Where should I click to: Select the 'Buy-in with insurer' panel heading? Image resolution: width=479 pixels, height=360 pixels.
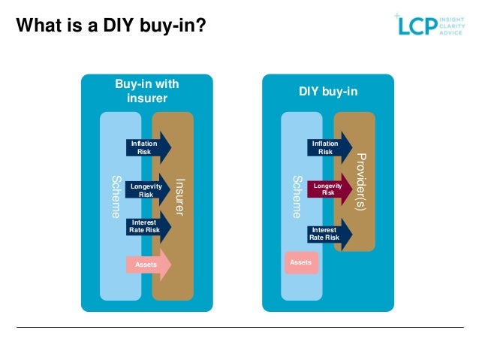(x=146, y=91)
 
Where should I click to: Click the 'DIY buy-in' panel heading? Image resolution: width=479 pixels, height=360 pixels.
(x=328, y=92)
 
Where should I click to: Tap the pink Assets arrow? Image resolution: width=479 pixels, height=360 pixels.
(x=148, y=265)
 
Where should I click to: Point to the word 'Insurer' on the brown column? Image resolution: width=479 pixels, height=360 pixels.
(x=179, y=197)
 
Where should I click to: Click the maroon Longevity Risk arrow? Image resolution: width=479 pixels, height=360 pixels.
(x=328, y=189)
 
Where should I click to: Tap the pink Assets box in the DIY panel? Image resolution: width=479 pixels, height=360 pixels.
(x=300, y=262)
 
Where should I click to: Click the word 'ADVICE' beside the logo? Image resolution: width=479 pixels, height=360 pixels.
(x=451, y=33)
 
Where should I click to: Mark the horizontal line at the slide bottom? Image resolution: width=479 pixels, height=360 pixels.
(x=239, y=327)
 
